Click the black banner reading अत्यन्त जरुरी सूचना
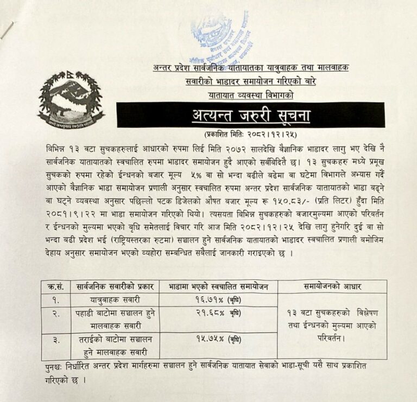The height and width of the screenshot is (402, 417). (x=250, y=115)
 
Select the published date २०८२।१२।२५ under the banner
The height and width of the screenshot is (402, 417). (x=270, y=133)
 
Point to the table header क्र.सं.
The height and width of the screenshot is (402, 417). (x=55, y=286)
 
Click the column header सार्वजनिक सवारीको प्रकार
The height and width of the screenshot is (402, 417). (x=115, y=286)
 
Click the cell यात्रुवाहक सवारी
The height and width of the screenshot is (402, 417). (x=116, y=299)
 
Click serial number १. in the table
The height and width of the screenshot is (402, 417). (x=56, y=299)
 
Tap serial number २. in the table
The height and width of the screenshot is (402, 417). (x=56, y=314)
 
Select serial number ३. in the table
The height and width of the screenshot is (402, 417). (x=56, y=340)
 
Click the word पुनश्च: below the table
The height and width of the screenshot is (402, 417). (x=55, y=367)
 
